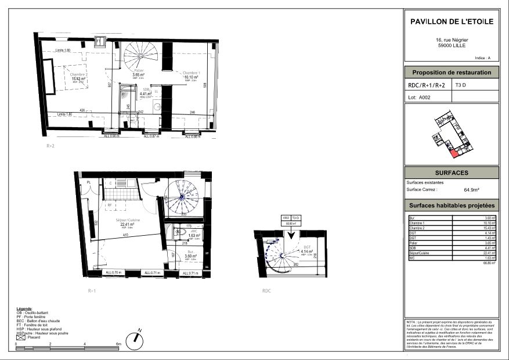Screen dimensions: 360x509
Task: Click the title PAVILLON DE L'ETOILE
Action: click(452, 21)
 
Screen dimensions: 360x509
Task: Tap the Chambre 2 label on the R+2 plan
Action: click(79, 74)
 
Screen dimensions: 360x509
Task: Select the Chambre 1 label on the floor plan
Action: click(192, 73)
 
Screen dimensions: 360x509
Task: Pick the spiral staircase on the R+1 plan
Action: click(181, 197)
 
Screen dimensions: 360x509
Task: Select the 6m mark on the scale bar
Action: click(119, 344)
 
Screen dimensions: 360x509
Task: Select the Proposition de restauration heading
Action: click(452, 73)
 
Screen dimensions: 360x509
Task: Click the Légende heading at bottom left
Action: click(25, 308)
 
